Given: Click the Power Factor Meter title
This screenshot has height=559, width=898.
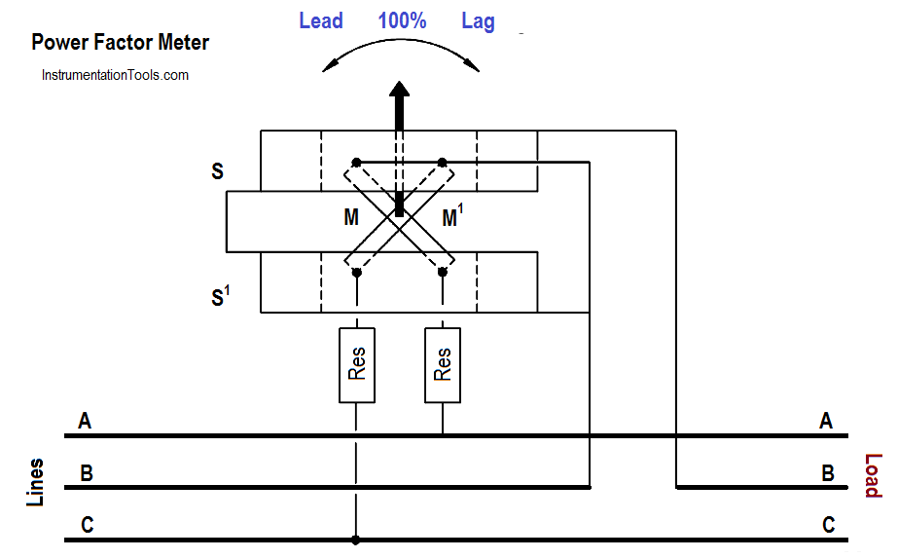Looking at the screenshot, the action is pos(121,43).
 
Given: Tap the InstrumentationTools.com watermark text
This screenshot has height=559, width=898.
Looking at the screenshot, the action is pos(115,75).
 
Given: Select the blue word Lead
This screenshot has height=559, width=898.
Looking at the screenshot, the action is pos(321,21).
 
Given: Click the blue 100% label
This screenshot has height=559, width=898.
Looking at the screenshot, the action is pos(402,21).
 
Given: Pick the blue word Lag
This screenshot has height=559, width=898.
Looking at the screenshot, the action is pos(479,22).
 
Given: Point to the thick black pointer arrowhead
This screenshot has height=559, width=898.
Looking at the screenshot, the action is pos(399,90).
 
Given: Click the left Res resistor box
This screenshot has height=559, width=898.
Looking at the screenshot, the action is pos(357,365).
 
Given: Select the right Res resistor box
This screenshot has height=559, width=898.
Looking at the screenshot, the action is pos(443,365).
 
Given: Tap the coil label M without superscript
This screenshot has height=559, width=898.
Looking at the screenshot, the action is pos(351,217).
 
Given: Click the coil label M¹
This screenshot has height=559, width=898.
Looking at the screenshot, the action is pos(452,216).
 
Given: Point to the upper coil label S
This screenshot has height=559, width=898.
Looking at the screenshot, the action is pos(218,170).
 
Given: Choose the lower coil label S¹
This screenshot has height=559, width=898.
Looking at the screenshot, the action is pos(221,296).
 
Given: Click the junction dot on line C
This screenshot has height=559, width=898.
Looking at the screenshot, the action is pos(356,540).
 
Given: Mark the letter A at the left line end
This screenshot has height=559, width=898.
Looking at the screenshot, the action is pos(85,421).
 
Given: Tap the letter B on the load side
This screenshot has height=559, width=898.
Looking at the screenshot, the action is pos(828,473).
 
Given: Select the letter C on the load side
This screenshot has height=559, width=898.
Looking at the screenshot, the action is pos(828,525).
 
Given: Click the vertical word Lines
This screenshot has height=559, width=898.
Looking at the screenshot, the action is pos(35,482).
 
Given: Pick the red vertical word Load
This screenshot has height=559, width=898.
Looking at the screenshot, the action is pos(873,476).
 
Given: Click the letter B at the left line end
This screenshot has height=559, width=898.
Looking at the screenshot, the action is pos(87,473).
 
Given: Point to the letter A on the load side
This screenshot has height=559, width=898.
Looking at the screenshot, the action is pos(826,421).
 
